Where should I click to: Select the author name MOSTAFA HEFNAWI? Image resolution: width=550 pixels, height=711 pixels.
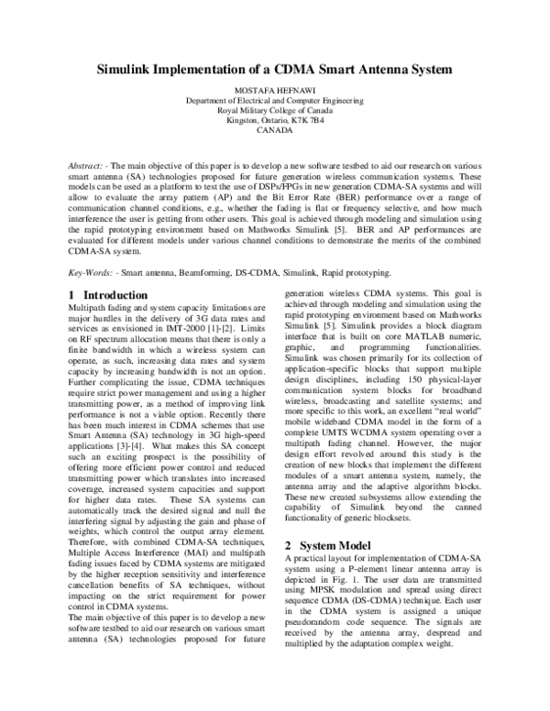275,90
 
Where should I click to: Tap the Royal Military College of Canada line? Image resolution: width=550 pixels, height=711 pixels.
275,110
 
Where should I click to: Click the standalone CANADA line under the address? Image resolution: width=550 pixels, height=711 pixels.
275,130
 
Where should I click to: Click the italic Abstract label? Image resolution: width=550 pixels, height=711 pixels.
90,157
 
